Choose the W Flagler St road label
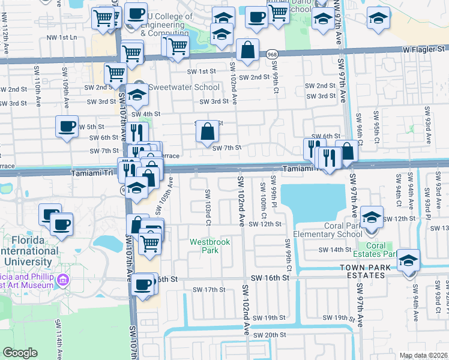pos(425,49)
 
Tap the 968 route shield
pos(271,53)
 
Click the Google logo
pos(20,353)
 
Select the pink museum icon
pos(62,280)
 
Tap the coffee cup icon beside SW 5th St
pos(67,127)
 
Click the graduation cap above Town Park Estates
pos(409,260)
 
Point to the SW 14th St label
pos(334,250)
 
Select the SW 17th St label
pos(208,290)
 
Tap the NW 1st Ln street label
pos(62,37)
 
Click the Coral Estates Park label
pos(376,250)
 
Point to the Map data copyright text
pos(423,355)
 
